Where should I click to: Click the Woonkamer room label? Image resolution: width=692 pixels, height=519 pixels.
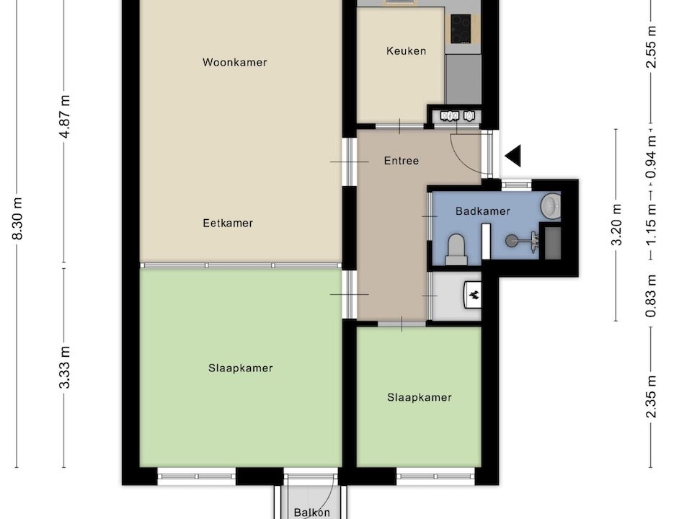(235, 63)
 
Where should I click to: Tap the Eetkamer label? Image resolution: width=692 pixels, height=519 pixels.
(228, 223)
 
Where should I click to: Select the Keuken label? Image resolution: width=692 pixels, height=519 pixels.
(406, 51)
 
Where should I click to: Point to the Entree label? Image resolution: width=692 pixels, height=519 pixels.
(401, 161)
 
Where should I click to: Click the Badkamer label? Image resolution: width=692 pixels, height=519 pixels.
(483, 212)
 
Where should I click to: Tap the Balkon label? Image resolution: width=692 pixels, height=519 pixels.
(312, 513)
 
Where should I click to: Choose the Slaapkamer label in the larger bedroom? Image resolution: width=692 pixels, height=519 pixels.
(241, 368)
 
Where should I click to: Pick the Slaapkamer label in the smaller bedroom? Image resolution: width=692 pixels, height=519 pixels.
(419, 398)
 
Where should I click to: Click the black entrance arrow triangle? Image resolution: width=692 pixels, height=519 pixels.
(513, 156)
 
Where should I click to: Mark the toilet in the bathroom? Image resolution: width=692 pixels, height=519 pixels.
(457, 249)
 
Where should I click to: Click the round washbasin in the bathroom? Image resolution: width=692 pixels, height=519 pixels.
(551, 206)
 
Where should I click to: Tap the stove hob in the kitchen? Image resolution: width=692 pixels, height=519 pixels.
(461, 30)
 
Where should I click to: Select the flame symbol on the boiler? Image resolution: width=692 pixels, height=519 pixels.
(474, 294)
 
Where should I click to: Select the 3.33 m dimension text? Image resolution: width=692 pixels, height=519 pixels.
(65, 368)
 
